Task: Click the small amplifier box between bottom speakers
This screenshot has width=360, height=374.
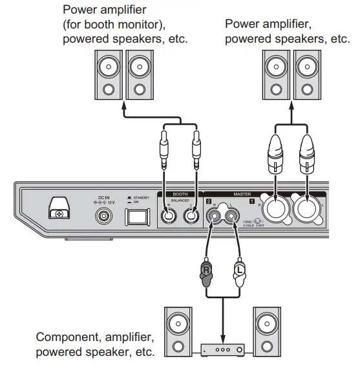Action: tap(221, 349)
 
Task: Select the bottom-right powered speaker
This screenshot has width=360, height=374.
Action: tap(266, 332)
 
